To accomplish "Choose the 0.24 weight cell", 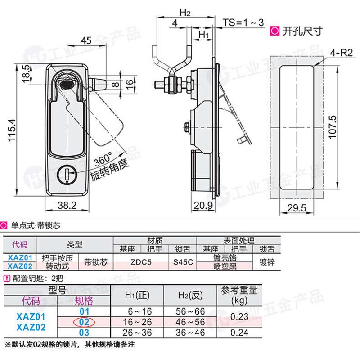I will click(x=239, y=333).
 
